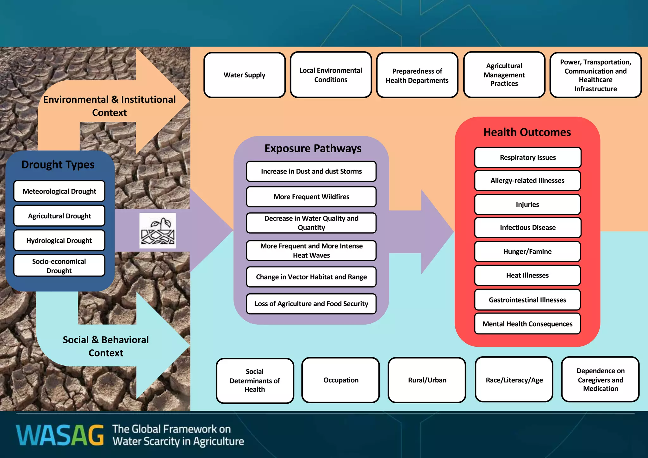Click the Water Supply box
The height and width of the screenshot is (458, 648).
245,75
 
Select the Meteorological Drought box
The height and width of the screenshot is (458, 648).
59,191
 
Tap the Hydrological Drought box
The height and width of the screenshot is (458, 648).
59,241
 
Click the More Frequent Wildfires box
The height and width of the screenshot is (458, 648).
311,197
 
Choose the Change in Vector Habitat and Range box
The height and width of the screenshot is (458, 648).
311,277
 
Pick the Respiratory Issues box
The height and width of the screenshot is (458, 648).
528,157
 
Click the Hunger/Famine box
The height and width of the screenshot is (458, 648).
527,252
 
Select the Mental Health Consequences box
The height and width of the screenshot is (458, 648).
527,324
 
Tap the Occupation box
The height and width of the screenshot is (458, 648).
341,380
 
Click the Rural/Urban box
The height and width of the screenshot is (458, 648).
427,380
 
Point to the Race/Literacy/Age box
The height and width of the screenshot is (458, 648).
514,380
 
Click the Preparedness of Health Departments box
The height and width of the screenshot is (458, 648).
417,76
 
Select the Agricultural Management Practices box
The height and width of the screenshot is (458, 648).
504,75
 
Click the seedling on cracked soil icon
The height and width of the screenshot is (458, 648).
158,230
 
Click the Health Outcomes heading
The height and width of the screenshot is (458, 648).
527,132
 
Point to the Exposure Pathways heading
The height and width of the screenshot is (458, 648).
313,148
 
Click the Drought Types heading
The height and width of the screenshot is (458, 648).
58,165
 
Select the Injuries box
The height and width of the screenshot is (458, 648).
527,205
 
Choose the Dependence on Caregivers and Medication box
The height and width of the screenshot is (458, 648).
600,380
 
